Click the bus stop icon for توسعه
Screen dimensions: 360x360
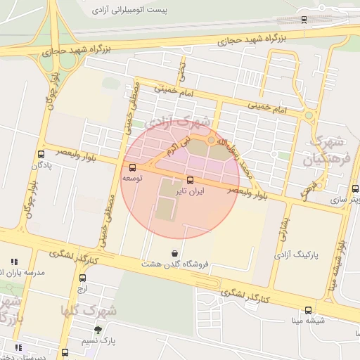tap(132, 167)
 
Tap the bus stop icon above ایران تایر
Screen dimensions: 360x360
tap(190, 179)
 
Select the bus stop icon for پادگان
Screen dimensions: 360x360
tap(41, 155)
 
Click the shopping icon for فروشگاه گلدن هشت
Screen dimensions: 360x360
tap(174, 253)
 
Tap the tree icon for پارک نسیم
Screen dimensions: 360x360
tap(98, 330)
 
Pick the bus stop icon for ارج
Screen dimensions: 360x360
tap(82, 278)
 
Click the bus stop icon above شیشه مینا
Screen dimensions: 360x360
tap(308, 310)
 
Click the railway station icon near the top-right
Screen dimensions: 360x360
tap(303, 20)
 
